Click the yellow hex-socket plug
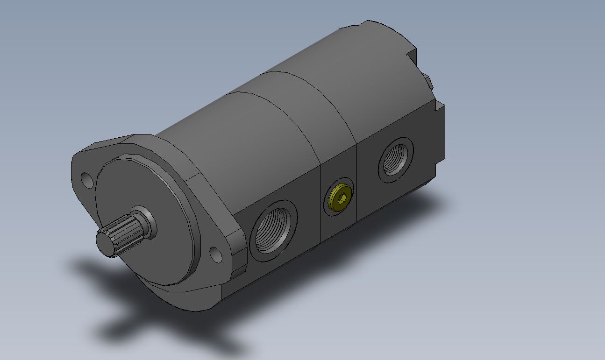(339, 197)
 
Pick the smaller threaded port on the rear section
(395, 160)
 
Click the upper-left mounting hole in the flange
(87, 179)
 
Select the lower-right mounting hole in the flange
(215, 254)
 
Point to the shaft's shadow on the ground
(117, 322)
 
